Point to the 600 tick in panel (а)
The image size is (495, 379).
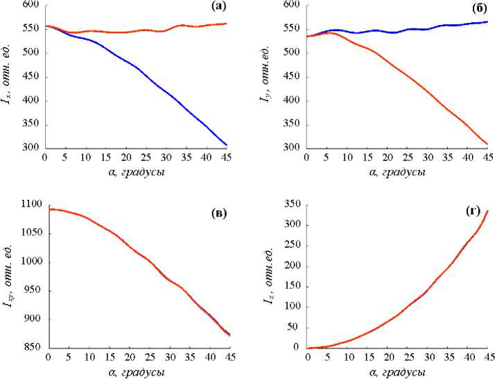click(x=31, y=5)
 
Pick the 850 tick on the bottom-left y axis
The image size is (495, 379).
click(x=31, y=348)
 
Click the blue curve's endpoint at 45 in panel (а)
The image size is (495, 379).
click(x=227, y=145)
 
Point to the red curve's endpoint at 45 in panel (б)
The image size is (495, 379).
click(x=487, y=144)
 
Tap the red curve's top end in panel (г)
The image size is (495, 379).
click(x=488, y=211)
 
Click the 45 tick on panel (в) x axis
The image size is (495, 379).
click(x=229, y=358)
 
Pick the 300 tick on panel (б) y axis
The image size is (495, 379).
click(x=293, y=148)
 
